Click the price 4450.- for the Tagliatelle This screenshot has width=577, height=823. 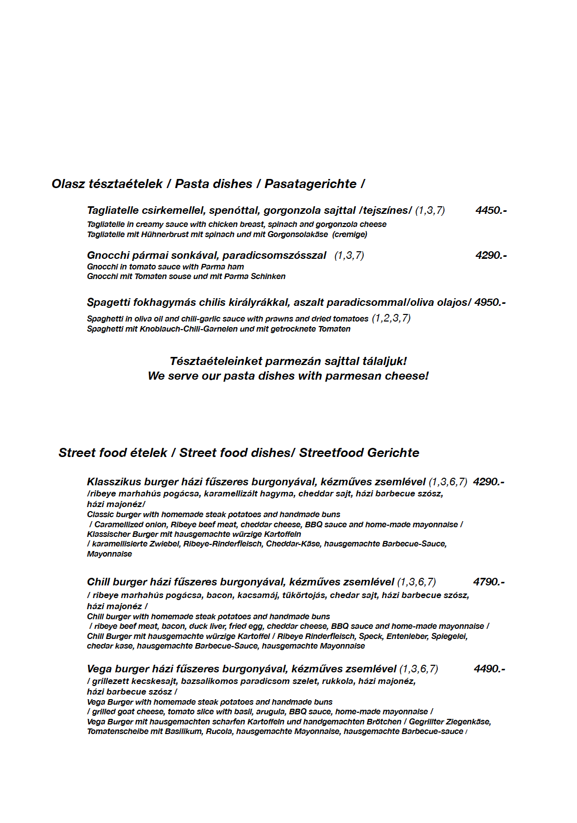coord(490,210)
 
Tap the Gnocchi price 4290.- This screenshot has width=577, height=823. coord(490,255)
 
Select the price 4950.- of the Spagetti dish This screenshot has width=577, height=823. coord(489,302)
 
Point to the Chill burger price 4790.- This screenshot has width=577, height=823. coord(488,582)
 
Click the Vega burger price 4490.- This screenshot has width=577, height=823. coord(489,669)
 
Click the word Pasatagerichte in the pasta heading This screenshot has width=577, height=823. coord(310,184)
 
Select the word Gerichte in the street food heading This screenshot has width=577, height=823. coord(393,453)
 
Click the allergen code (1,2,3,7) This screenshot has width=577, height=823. coord(391,318)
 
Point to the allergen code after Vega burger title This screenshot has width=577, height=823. coord(419,669)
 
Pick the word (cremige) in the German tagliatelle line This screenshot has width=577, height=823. coord(350,235)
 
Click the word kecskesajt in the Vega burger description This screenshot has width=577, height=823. coord(153,681)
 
